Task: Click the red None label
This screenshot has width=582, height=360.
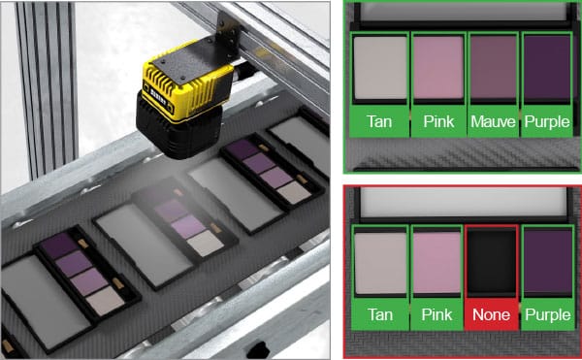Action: pos(491,314)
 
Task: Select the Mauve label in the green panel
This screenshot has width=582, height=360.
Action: pos(493,121)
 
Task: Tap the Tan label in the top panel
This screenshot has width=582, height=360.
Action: pos(379,121)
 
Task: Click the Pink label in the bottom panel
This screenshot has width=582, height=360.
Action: pos(436,314)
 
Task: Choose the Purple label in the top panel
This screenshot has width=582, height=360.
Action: pos(547,121)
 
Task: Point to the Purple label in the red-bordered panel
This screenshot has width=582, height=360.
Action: pos(548,314)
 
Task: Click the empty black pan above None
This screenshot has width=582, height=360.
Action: pos(492,261)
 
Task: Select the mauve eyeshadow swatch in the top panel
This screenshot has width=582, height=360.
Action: pos(493,68)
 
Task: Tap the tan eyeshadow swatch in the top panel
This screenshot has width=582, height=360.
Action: pos(379,68)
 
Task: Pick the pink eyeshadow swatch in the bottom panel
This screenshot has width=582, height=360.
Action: pos(436,262)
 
